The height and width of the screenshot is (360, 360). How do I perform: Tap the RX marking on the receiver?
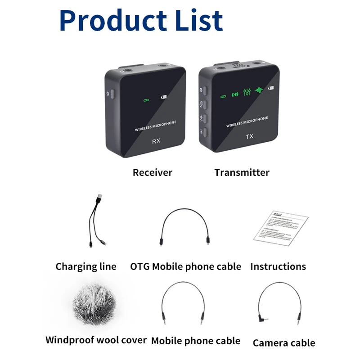156,141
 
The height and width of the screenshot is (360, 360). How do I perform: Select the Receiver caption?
152,172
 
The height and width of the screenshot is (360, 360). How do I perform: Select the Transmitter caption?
242,172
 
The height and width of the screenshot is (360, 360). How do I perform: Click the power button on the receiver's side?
112,94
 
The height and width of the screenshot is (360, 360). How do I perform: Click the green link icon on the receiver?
145,100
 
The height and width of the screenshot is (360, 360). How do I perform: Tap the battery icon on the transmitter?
271,88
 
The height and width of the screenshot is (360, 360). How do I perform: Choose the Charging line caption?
85,266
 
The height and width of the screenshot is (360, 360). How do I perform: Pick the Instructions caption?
278,266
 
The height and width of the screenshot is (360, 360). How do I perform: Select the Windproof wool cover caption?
96,340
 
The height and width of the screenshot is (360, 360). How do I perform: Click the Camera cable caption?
283,343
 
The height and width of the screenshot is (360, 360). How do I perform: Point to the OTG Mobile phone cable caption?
185,266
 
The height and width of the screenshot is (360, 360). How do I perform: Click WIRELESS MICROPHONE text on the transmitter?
247,122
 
